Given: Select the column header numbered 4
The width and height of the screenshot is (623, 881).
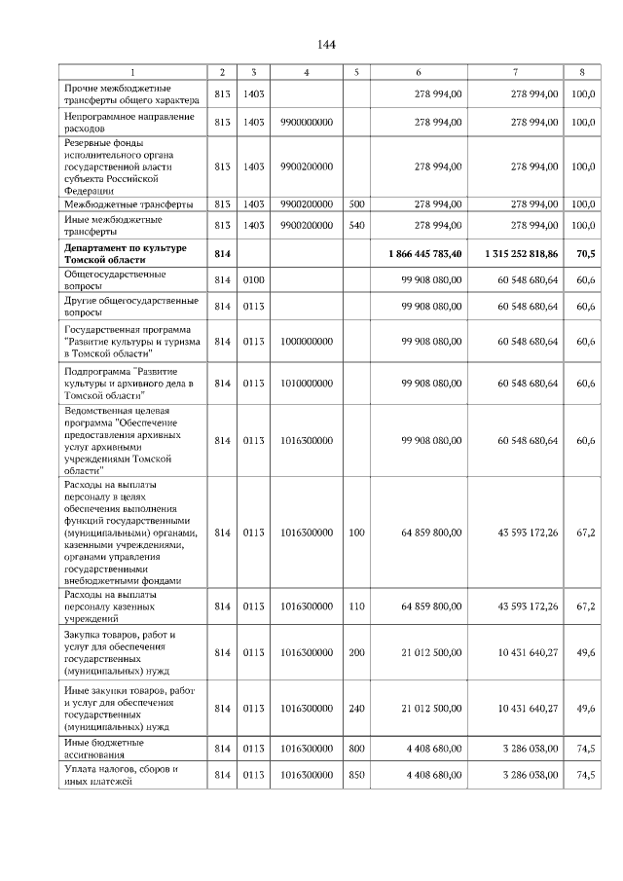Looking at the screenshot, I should click(307, 72).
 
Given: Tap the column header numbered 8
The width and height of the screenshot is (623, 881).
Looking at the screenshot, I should click(582, 72).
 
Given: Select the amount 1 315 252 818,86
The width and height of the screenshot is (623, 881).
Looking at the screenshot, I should click(521, 253).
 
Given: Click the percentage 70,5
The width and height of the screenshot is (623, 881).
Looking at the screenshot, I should click(585, 253).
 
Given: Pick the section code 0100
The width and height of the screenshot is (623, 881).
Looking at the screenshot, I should click(253, 280).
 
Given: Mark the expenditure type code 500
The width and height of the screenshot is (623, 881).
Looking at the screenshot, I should click(356, 204).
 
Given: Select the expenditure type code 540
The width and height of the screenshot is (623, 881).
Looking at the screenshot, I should click(356, 225).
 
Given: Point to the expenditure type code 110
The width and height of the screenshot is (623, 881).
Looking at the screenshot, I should click(356, 606).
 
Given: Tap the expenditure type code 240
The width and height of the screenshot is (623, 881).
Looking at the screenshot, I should click(356, 709).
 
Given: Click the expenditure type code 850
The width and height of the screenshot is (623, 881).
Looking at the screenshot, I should click(356, 775).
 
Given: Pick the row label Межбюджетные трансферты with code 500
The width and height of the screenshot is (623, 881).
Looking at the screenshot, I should click(120, 204).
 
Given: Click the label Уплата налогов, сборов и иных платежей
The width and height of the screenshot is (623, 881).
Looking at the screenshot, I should click(121, 775).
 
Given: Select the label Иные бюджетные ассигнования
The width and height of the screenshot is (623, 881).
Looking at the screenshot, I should click(102, 748).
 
